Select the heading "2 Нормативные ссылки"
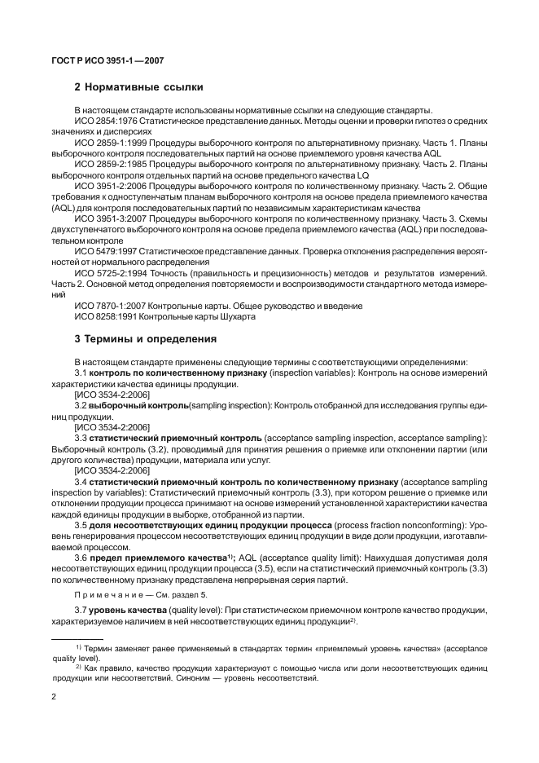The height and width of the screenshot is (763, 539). pos(138,86)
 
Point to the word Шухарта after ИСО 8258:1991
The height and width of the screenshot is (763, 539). pos(236,317)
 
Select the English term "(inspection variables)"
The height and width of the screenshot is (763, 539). pos(314,373)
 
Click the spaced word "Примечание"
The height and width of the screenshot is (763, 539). pos(104,596)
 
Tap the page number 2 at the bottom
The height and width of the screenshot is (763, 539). pos(54,698)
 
